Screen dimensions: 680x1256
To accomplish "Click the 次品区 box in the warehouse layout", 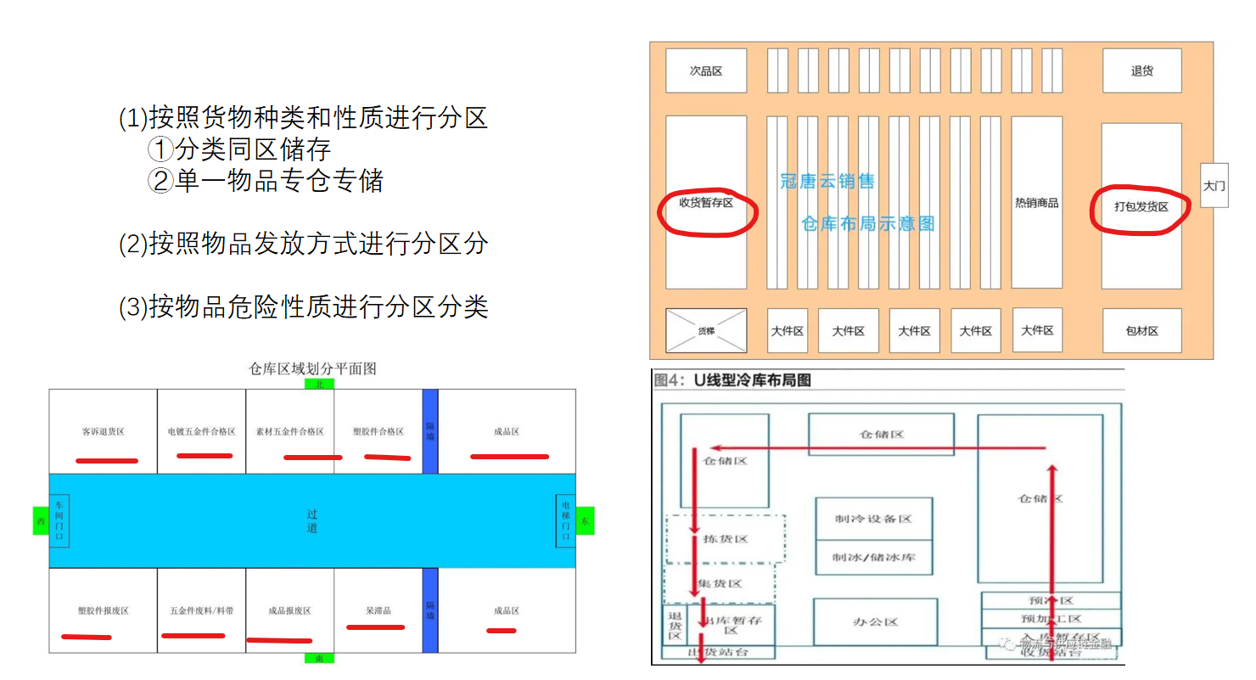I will coord(705,70).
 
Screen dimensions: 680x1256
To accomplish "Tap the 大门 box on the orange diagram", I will coord(1214,185).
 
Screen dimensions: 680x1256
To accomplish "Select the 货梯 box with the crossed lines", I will coord(705,330).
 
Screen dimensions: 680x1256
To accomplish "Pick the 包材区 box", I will coord(1141,330).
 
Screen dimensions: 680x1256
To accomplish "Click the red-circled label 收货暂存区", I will coord(705,203).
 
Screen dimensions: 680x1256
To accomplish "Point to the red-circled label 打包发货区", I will coord(1141,206).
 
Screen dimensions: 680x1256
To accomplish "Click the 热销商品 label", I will coord(1036,203).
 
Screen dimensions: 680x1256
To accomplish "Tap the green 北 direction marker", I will coord(319,384).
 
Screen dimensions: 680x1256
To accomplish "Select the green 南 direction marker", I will coord(319,658).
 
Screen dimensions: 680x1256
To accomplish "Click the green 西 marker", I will coord(40,520).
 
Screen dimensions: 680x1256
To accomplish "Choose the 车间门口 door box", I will coord(59,520).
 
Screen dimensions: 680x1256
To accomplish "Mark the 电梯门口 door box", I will coord(565,520).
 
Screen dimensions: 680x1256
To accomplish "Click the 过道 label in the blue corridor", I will coord(312,521).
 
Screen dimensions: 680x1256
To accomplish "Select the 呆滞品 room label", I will coord(378,610).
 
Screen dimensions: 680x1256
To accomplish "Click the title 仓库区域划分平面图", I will coord(312,368).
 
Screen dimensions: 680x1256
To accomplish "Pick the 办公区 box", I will coord(875,621).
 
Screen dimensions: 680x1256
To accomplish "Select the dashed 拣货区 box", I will coord(725,539).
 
